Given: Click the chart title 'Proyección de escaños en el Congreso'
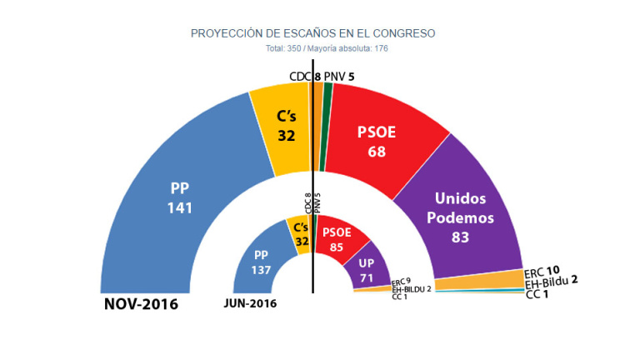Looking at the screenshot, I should tap(313, 33).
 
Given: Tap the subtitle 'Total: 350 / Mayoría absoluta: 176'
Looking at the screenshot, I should tap(313, 47).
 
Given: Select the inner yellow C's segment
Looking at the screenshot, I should tap(298, 234).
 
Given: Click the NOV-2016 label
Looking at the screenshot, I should tap(141, 304).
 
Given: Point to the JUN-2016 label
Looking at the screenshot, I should tap(250, 303).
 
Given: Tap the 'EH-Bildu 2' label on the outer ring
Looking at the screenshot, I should tap(552, 282).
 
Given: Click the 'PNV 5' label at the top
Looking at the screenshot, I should tap(340, 77).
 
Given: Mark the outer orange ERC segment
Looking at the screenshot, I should tap(478, 282).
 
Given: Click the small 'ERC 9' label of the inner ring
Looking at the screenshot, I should tap(401, 282).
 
